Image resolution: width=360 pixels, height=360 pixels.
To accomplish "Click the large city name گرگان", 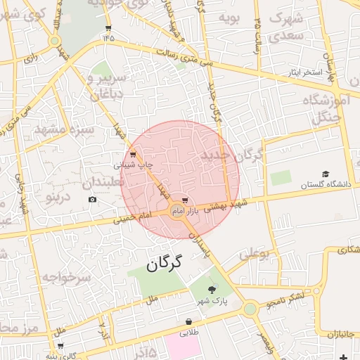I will point(165,264).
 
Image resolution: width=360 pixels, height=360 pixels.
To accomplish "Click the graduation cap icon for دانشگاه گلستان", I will point(325,174).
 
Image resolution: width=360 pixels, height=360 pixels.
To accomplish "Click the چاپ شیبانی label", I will point(134,165).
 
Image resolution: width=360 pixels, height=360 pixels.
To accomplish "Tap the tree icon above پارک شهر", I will point(212,290).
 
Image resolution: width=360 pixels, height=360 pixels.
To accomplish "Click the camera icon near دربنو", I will point(93,200).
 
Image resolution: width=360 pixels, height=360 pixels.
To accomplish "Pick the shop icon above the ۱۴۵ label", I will point(108,28).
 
